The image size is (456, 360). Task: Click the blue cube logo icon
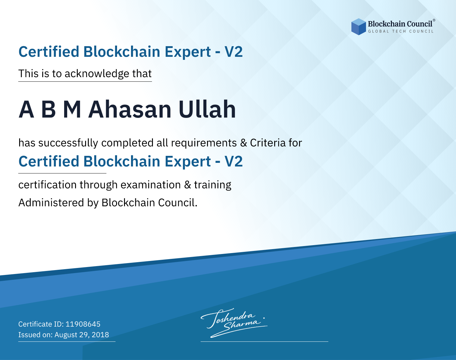[x=358, y=27]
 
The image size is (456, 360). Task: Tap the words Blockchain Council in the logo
[x=400, y=24]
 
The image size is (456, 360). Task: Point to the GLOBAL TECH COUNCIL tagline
[x=401, y=31]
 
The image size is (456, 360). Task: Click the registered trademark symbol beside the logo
[x=434, y=20]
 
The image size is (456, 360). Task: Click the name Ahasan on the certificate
[x=130, y=109]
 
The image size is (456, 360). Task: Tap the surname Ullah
[x=207, y=109]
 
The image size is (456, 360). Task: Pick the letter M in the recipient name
[x=72, y=109]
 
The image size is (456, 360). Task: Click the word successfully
[x=68, y=143]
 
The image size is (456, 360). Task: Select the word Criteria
[x=268, y=143]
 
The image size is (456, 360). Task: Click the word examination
[x=151, y=185]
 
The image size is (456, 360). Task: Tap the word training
[x=212, y=185]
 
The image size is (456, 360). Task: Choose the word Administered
[x=51, y=203]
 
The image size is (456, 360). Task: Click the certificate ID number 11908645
[x=83, y=324]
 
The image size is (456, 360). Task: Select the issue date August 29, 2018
[x=81, y=335]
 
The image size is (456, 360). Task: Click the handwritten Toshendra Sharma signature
[x=234, y=323]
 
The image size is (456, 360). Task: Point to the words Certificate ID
[x=41, y=324]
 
